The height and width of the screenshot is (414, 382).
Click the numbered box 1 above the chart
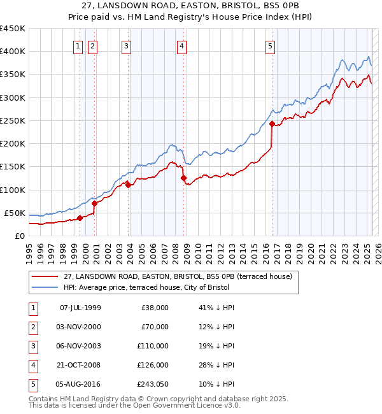point(78,45)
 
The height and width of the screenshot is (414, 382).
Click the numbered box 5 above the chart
point(271,45)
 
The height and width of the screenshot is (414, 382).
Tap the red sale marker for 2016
point(272,124)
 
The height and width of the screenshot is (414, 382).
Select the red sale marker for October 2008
point(183,178)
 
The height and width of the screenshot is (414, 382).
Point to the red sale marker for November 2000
point(94,204)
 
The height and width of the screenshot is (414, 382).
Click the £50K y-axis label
point(15,213)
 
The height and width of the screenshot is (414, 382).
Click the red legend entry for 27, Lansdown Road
point(178,276)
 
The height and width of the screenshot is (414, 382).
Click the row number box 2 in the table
point(32,327)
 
